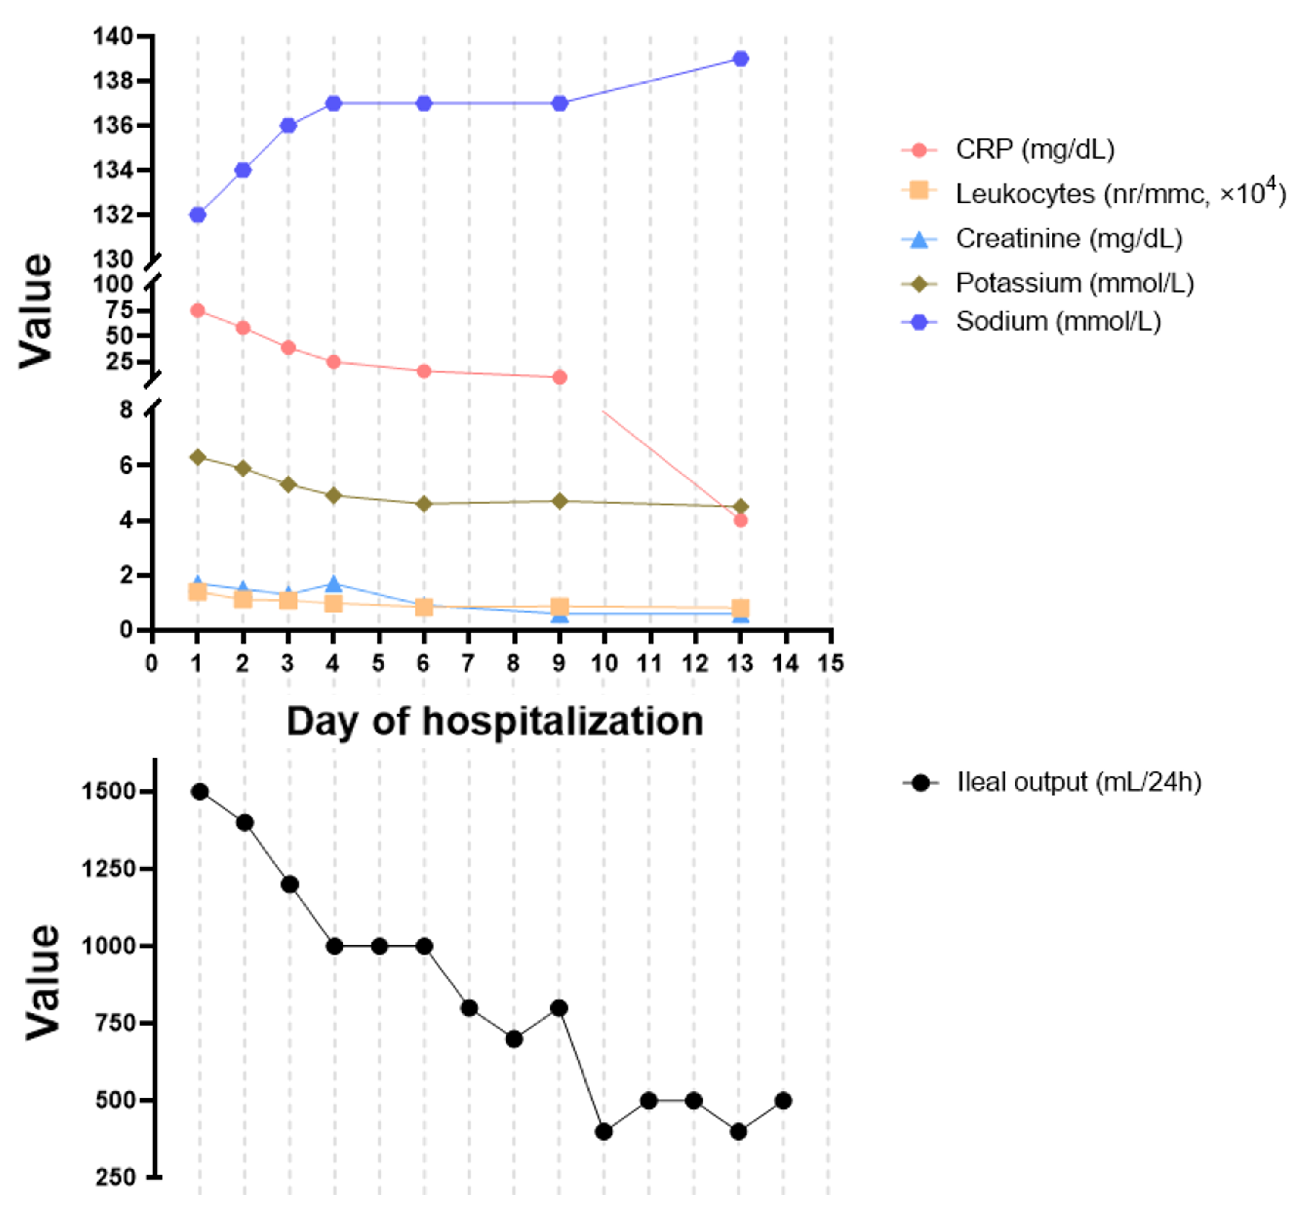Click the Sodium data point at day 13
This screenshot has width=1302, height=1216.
(x=740, y=59)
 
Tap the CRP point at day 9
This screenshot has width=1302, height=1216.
(x=559, y=377)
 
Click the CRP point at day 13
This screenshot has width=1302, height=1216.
(x=740, y=521)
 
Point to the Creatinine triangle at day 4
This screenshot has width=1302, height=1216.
(x=333, y=583)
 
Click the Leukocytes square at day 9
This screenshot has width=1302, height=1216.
(x=559, y=606)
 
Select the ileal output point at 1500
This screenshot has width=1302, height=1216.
(x=200, y=792)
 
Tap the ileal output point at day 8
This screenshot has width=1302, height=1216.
(x=514, y=1038)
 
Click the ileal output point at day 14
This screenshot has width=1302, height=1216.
(x=783, y=1101)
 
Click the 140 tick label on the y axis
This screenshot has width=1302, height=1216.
(x=112, y=36)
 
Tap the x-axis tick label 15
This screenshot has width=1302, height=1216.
(x=831, y=663)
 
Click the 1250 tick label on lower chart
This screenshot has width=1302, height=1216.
(x=108, y=869)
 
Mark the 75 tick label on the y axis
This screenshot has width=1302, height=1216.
(x=119, y=310)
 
